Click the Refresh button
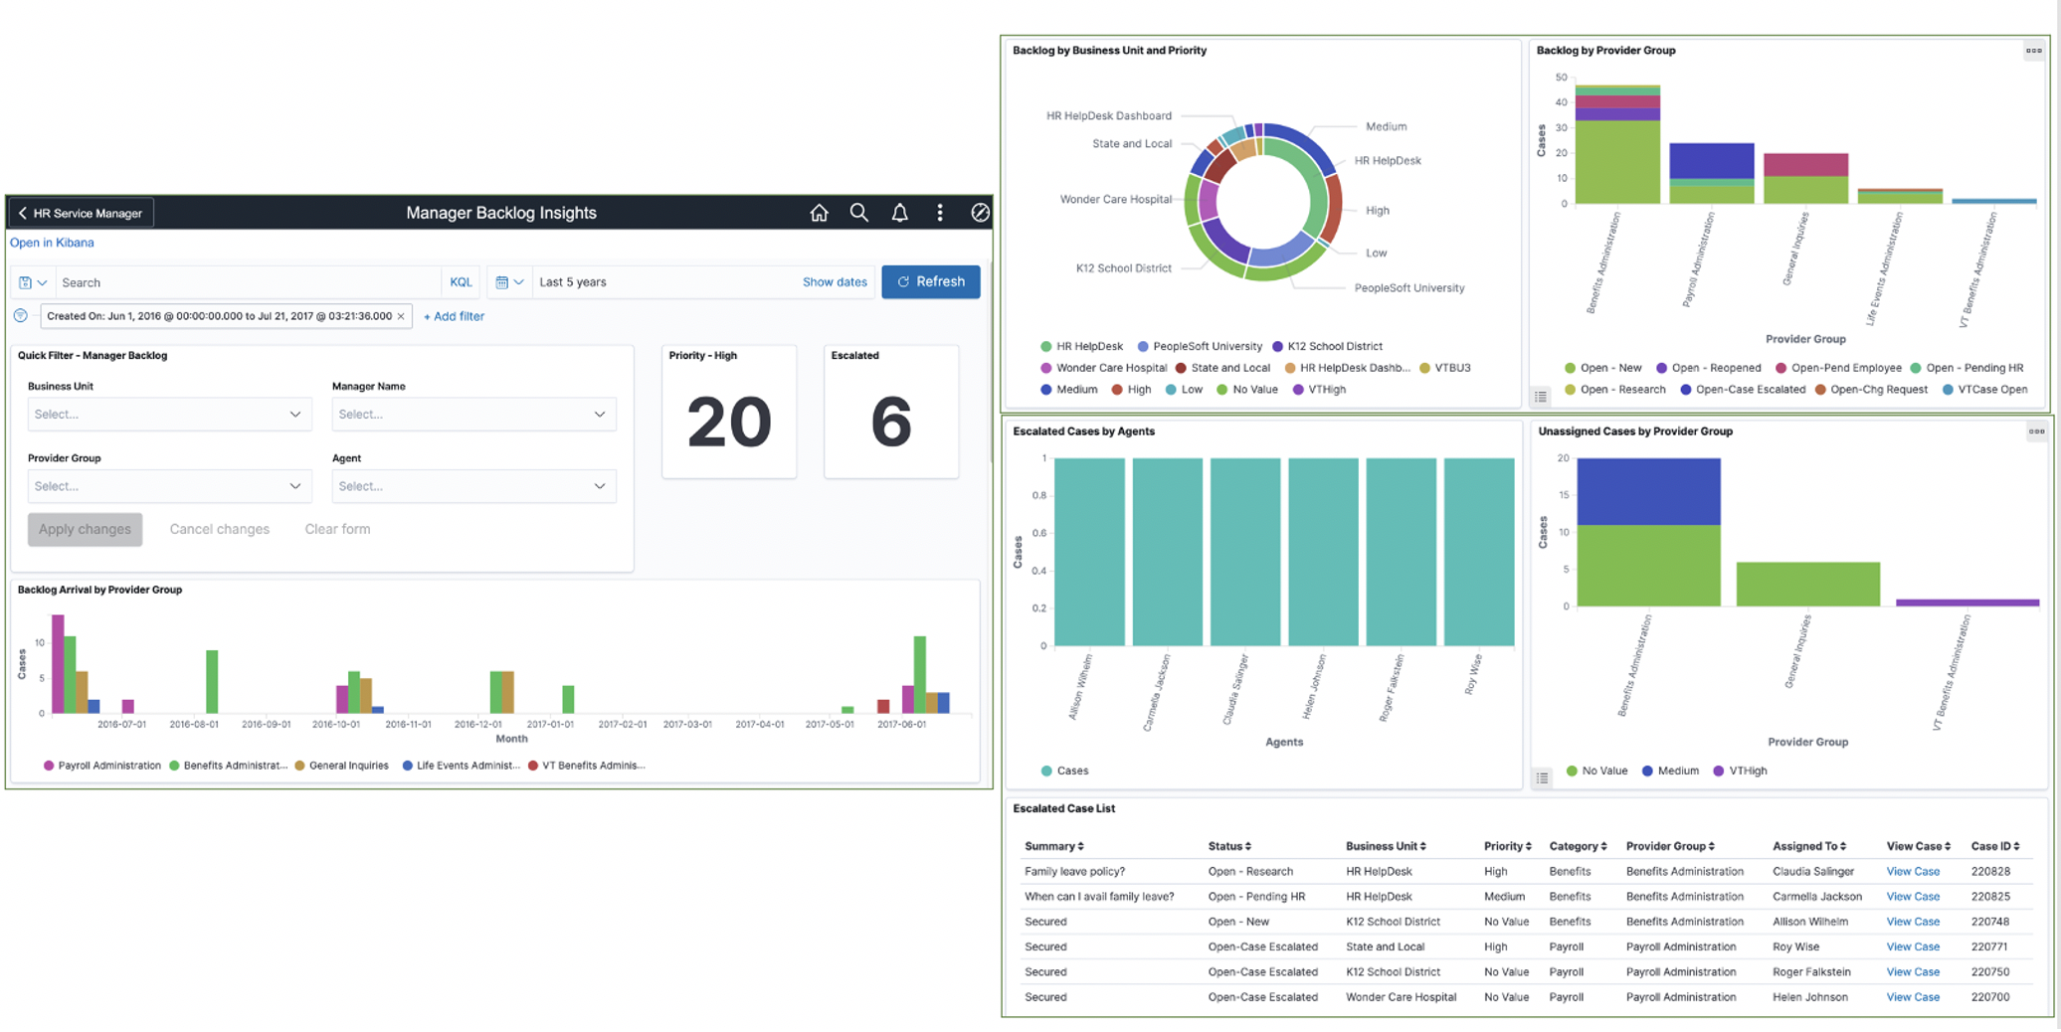pyautogui.click(x=930, y=281)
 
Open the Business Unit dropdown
pyautogui.click(x=169, y=414)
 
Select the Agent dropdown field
pyautogui.click(x=473, y=486)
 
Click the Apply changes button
pyautogui.click(x=85, y=529)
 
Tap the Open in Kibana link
pyautogui.click(x=52, y=243)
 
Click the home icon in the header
pyautogui.click(x=819, y=213)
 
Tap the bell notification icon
pyautogui.click(x=899, y=213)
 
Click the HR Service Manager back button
pyautogui.click(x=82, y=213)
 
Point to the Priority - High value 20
pyautogui.click(x=728, y=423)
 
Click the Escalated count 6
pyautogui.click(x=890, y=423)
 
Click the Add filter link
pyautogui.click(x=454, y=316)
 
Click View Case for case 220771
pyautogui.click(x=1912, y=946)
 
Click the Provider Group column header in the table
pyautogui.click(x=1669, y=846)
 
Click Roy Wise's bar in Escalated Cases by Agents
pyautogui.click(x=1478, y=552)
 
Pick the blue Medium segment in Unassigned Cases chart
pyautogui.click(x=1648, y=491)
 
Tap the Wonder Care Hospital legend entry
pyautogui.click(x=1110, y=368)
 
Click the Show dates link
pyautogui.click(x=834, y=282)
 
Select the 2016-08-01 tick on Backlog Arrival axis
pyautogui.click(x=194, y=724)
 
